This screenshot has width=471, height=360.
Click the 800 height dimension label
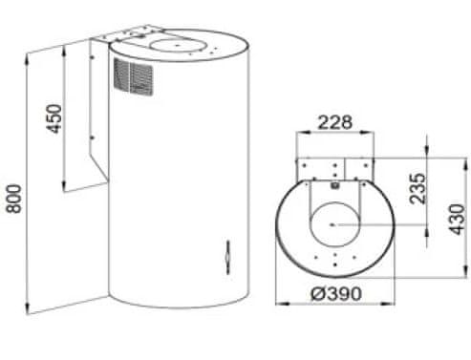(14, 199)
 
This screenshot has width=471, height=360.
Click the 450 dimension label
(54, 118)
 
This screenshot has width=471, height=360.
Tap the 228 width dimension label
(335, 122)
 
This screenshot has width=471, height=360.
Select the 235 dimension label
(417, 188)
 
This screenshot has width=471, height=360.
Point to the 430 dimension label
(457, 220)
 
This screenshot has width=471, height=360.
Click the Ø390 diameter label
(336, 293)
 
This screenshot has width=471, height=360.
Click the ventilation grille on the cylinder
(133, 76)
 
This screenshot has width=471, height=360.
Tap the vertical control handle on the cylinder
(227, 257)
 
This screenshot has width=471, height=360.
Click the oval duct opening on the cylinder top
(176, 45)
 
